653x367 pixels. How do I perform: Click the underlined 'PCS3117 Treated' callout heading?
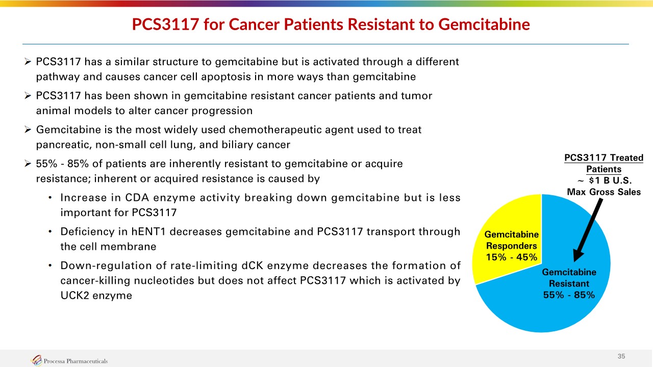coord(604,158)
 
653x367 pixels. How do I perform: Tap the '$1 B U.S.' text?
coord(610,180)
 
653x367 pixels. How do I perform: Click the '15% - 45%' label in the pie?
coord(512,257)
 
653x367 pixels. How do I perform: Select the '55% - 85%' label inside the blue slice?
coord(569,295)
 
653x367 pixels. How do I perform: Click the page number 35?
coord(621,356)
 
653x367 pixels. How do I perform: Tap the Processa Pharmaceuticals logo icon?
coord(36,360)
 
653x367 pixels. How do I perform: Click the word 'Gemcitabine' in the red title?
coord(484,24)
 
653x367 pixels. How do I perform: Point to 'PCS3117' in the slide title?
coord(166,24)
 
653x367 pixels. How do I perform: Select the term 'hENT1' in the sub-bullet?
coord(148,232)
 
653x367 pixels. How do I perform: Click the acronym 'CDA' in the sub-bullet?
coord(137,198)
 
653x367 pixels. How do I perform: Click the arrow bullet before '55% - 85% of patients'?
coord(28,164)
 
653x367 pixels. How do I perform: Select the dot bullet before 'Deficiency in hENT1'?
coord(50,232)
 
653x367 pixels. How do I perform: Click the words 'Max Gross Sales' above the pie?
coord(604,192)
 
